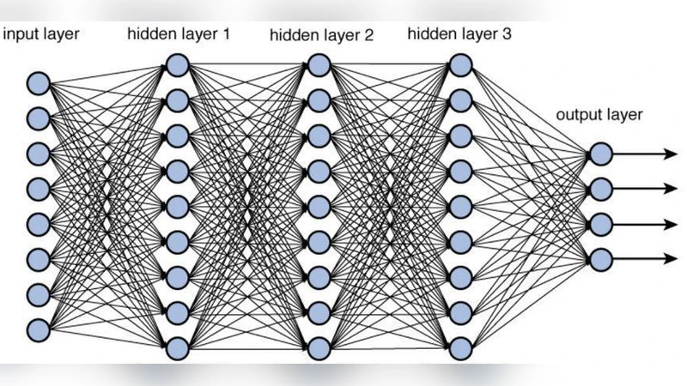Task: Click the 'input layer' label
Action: [42, 34]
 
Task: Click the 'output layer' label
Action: [599, 114]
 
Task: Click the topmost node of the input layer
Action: [38, 83]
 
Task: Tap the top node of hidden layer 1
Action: [177, 65]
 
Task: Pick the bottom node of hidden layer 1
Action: [177, 348]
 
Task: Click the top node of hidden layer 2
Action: [318, 65]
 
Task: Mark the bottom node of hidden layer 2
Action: [318, 348]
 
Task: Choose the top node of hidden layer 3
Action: [460, 65]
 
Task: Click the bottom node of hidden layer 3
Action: [460, 348]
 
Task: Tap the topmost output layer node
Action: [600, 154]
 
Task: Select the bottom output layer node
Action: [600, 258]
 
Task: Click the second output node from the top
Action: [600, 189]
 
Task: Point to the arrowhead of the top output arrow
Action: [670, 154]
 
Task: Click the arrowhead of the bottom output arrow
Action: [670, 258]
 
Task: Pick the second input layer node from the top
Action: [38, 118]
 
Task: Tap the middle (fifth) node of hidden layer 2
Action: [318, 207]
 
